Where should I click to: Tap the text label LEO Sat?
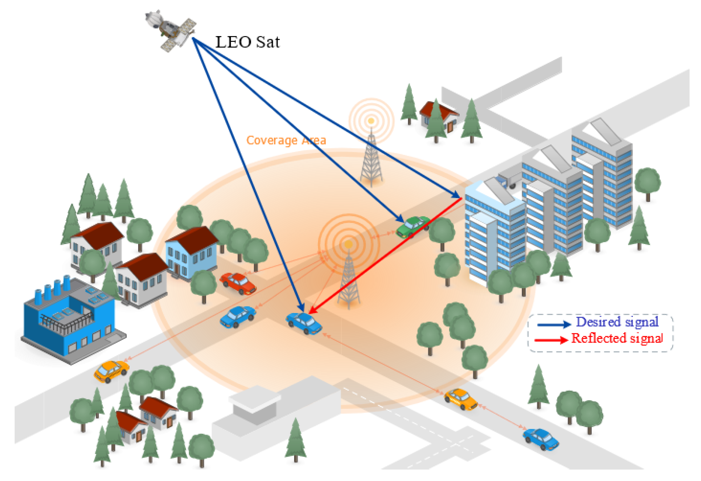tap(247, 42)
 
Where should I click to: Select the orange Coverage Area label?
tap(286, 140)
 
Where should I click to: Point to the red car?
tap(238, 283)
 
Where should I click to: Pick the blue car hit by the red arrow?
tap(304, 322)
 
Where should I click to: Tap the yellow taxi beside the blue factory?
tap(111, 371)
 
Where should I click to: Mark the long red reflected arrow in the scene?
tap(385, 256)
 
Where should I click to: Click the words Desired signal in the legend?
tap(617, 322)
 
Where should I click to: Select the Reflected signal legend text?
tap(617, 338)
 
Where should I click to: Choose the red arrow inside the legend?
tap(551, 340)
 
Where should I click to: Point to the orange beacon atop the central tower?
tap(348, 244)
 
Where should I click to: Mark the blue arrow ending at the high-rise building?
tap(328, 118)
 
